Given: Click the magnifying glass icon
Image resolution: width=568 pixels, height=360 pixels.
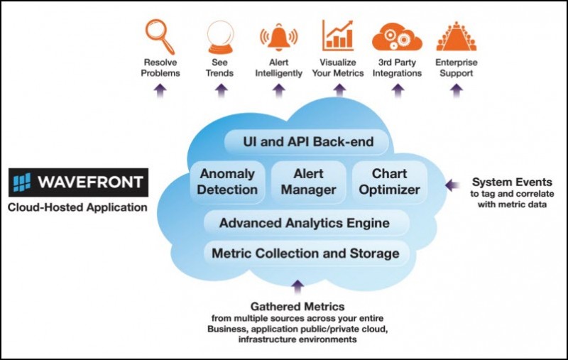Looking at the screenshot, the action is point(160,37).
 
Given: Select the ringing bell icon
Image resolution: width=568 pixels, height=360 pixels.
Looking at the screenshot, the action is point(278,37).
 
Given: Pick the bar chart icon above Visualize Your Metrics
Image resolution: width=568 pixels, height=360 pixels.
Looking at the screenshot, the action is point(338,36).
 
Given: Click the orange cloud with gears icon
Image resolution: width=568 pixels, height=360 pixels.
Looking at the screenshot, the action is point(397,37).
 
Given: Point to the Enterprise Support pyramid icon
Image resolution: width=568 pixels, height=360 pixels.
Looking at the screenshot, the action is point(457,36).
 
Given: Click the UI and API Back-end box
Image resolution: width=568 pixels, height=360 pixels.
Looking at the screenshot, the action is point(307,141).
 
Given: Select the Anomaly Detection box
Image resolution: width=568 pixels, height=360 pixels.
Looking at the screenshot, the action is point(227,182).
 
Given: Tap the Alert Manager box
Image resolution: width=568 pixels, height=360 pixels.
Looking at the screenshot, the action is point(309,182).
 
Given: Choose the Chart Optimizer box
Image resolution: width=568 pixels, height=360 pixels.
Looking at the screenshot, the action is point(389,182).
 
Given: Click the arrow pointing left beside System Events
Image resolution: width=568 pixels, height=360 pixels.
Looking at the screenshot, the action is point(452,185).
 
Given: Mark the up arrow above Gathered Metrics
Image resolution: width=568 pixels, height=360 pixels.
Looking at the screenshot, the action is point(297,287).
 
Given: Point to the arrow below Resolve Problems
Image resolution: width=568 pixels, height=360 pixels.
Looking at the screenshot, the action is point(160,91).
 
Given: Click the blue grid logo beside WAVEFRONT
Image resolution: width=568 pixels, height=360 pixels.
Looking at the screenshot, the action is point(22,182).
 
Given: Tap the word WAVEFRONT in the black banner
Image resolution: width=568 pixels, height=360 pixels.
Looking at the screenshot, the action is point(90,182).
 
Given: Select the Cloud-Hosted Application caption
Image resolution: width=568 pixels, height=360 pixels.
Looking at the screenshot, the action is point(77,207).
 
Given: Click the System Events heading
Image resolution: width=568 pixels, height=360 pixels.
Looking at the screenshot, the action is point(512,182).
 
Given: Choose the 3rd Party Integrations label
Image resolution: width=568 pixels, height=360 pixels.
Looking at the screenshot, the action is point(397,67).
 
